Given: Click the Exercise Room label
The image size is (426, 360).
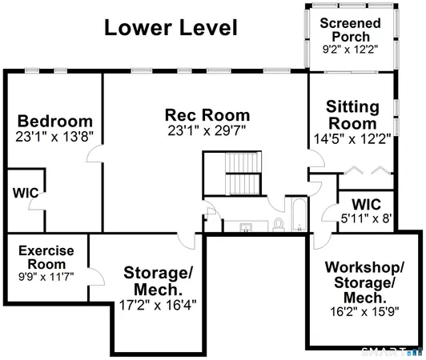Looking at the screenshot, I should tap(46, 257).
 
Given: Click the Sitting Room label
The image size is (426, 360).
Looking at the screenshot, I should tap(352, 115).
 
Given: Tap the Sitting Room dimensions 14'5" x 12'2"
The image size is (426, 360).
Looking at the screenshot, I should tap(352, 138).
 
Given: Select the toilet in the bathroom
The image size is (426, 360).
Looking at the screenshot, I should tap(278, 223).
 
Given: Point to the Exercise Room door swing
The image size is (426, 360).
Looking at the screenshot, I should tap(95, 278).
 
